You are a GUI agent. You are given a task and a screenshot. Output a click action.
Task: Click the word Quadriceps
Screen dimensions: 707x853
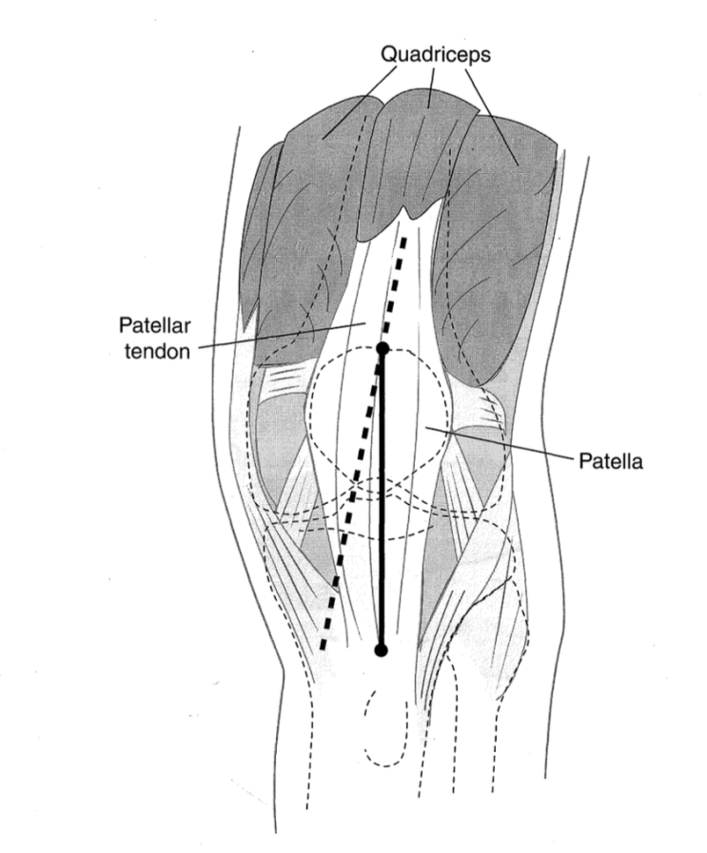(436, 55)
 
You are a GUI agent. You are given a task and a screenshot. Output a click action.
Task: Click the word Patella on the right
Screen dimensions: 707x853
(610, 461)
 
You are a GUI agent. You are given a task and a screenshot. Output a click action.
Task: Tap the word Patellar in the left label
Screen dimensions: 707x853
(154, 326)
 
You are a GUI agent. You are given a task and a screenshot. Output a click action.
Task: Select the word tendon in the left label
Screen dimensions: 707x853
(157, 352)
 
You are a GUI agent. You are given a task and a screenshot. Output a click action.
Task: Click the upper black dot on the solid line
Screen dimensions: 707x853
(383, 348)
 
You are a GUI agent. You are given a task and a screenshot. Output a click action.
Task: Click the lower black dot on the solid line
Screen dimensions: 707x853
(381, 649)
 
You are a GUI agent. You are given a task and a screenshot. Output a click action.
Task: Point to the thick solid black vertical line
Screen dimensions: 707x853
(382, 499)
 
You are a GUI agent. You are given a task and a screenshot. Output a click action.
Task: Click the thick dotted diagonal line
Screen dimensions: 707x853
(363, 443)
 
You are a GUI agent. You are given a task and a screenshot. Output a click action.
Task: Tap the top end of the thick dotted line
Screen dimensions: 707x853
(404, 238)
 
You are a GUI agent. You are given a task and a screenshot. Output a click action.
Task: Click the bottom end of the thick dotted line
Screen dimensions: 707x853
(322, 649)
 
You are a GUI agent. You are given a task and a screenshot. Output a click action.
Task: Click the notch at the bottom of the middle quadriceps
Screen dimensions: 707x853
(406, 209)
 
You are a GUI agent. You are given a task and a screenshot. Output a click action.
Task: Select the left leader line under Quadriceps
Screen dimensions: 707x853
(360, 105)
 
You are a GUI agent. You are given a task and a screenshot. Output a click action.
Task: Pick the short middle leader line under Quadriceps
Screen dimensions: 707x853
(431, 88)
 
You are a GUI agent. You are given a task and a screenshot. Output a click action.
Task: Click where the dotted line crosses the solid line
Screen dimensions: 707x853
(383, 354)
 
